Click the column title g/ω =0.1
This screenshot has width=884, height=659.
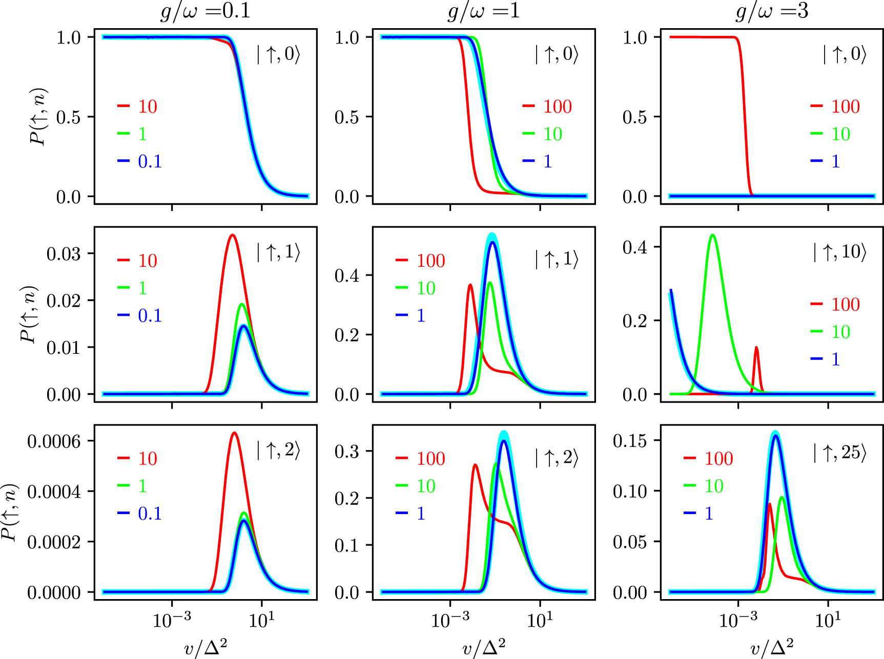coord(205,11)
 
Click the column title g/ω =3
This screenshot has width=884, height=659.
coord(772,11)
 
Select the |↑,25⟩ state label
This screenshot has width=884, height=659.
coord(839,453)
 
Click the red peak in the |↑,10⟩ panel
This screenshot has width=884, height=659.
coord(756,348)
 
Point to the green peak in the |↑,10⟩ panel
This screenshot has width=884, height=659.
coord(712,235)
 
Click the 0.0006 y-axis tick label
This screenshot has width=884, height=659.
coord(54,441)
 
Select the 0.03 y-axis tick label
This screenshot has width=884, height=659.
coord(64,253)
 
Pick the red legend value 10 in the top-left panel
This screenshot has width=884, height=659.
coord(148,107)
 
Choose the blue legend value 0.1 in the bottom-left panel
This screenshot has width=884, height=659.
coord(150,513)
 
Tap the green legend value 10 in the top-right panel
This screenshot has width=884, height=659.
coord(840,134)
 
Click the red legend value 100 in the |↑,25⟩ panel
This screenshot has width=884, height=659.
coord(718,458)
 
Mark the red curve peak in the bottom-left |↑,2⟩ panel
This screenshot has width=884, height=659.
coord(234,433)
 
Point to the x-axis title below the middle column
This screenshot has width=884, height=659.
coord(483,648)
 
